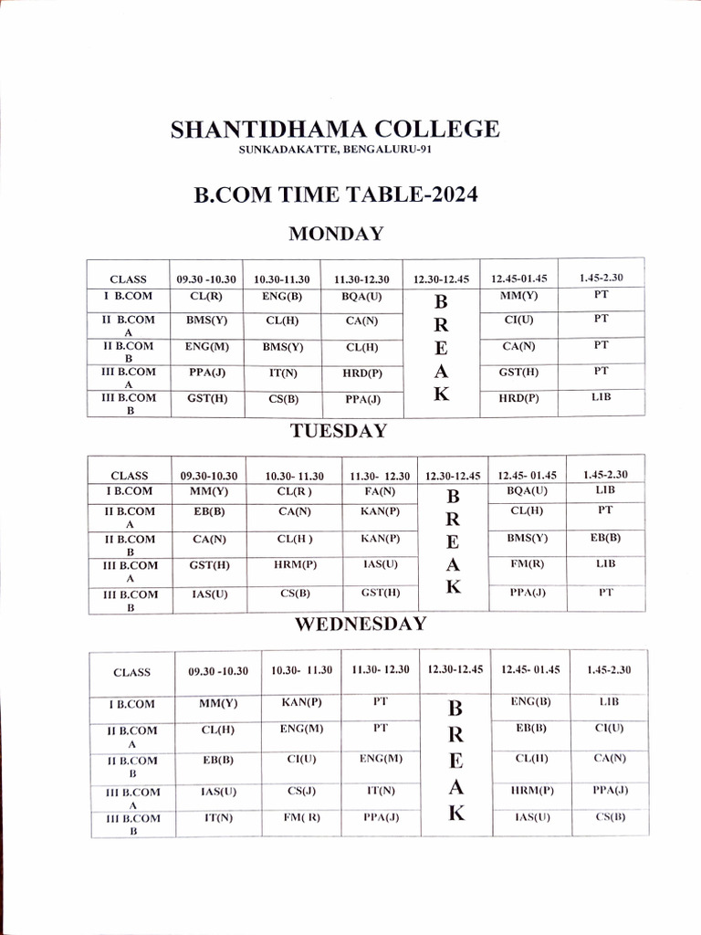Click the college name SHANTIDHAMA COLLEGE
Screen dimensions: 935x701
click(x=335, y=130)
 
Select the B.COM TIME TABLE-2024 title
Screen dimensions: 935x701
click(x=335, y=194)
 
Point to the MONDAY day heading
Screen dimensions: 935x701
click(x=336, y=234)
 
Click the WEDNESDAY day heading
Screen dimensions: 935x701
click(x=360, y=624)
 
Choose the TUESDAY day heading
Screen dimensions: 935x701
click(x=339, y=431)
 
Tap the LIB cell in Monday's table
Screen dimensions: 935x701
click(x=601, y=397)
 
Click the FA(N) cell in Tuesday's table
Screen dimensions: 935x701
click(x=379, y=491)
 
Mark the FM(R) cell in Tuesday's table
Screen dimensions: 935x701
click(x=528, y=563)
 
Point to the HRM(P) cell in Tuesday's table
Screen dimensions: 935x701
click(x=295, y=564)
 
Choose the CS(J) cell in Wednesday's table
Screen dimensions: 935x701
click(x=300, y=790)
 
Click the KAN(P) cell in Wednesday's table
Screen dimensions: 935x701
click(x=300, y=702)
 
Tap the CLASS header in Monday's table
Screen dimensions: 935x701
click(x=128, y=279)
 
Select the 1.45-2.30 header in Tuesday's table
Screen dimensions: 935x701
click(x=604, y=475)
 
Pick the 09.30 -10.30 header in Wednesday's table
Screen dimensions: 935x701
click(x=218, y=671)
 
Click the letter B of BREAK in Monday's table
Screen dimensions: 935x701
click(x=441, y=302)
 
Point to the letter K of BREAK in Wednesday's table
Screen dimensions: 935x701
click(x=456, y=814)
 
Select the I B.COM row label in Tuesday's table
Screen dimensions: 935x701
click(x=129, y=491)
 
